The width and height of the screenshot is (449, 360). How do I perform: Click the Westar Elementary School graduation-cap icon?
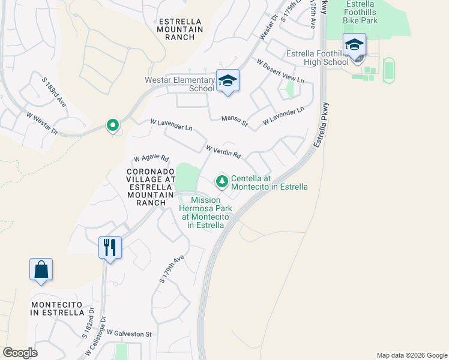click(x=228, y=80)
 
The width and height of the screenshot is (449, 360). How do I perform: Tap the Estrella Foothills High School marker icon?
click(x=354, y=45)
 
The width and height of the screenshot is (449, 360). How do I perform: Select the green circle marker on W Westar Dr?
click(x=112, y=125)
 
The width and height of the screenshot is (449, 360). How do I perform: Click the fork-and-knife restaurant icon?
click(x=110, y=247)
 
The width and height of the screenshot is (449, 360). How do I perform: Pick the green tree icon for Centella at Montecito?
click(x=221, y=181)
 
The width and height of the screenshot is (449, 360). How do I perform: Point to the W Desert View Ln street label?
click(x=280, y=71)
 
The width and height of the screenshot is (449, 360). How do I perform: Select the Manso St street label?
click(x=234, y=121)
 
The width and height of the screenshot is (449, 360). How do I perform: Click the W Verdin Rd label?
click(x=223, y=151)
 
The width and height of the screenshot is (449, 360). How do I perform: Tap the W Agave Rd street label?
click(x=151, y=158)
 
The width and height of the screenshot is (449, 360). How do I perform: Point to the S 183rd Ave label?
click(x=53, y=92)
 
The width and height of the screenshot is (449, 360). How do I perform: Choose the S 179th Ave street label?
click(x=171, y=268)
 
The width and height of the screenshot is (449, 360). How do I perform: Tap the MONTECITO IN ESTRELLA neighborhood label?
click(x=58, y=308)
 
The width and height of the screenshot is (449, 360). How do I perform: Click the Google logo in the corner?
click(x=20, y=353)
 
